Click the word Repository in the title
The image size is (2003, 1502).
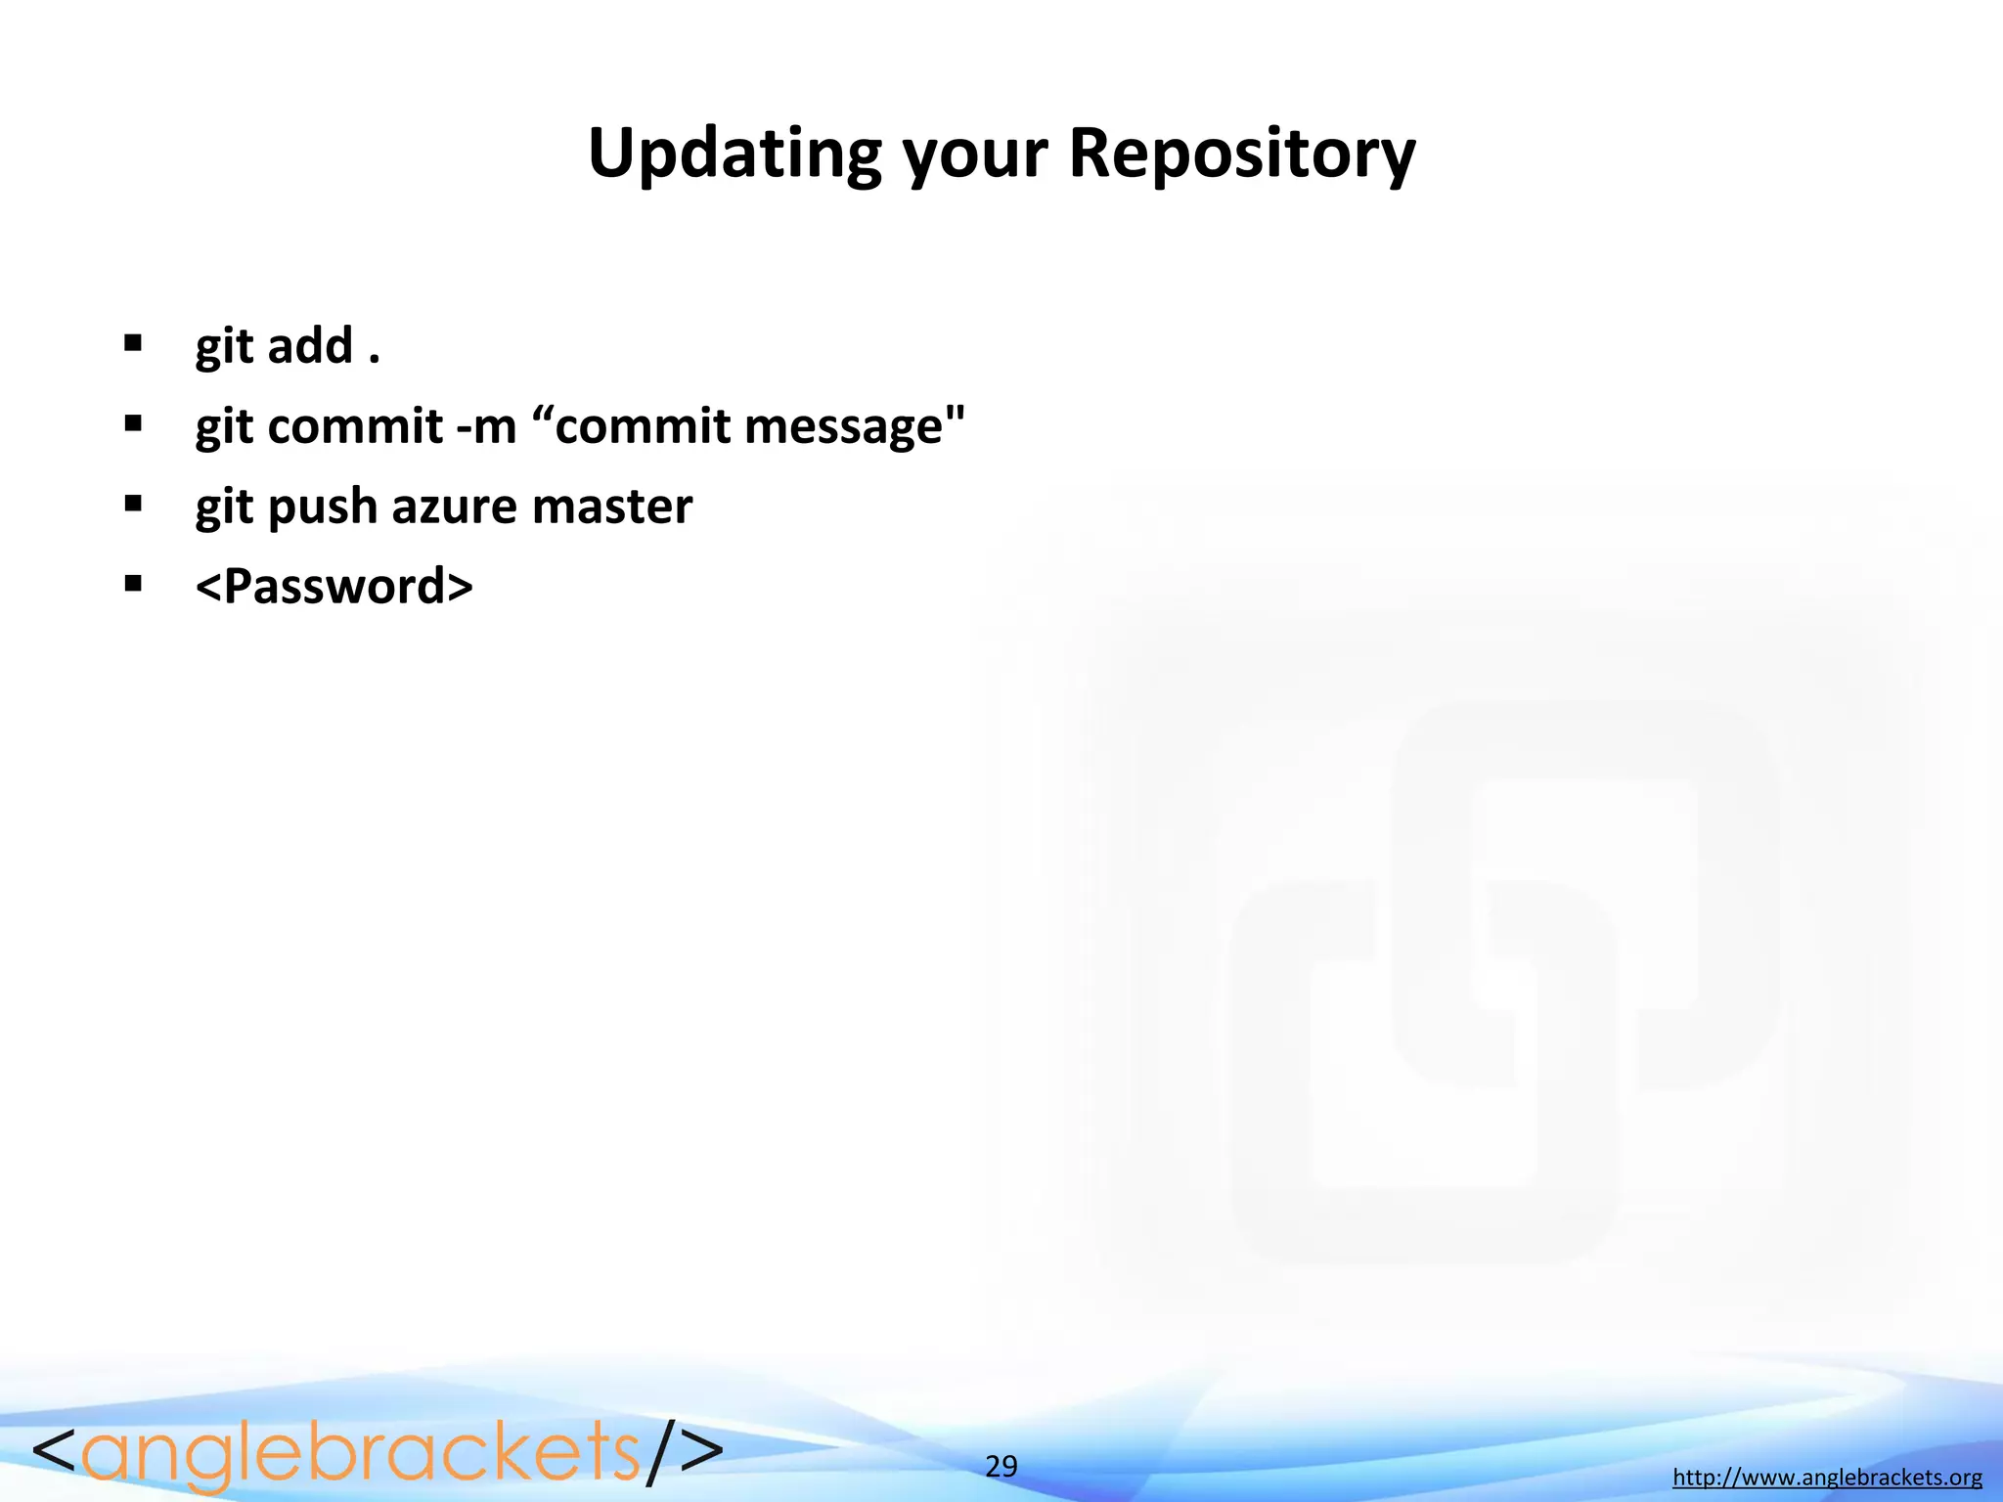click(x=1241, y=154)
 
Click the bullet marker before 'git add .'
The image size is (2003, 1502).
click(x=133, y=344)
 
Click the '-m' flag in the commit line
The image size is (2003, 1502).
click(x=486, y=427)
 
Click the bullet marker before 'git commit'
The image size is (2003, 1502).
click(x=133, y=424)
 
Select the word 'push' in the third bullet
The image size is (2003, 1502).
click(x=322, y=508)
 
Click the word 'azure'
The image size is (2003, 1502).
click(x=454, y=508)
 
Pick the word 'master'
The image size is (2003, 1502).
click(x=612, y=507)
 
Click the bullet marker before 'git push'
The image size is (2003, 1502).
click(x=133, y=505)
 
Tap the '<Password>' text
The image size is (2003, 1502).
click(x=334, y=587)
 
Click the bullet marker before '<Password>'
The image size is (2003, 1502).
click(x=133, y=585)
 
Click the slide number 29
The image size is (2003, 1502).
click(x=1001, y=1467)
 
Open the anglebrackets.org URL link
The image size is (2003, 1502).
click(x=1827, y=1478)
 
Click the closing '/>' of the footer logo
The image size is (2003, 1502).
click(x=685, y=1452)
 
